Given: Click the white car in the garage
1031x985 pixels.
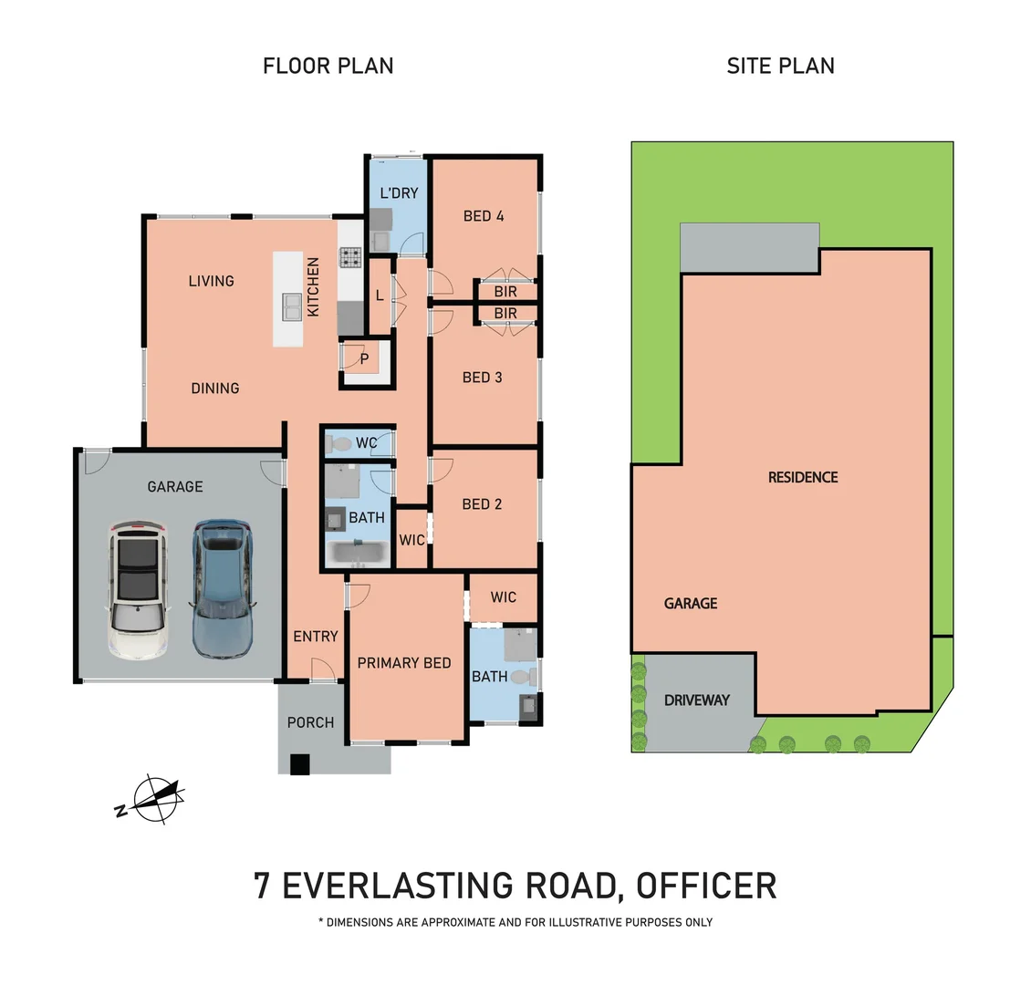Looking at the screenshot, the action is click(138, 590).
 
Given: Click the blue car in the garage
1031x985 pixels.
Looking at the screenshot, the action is click(223, 589).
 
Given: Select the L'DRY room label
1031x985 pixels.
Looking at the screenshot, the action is click(399, 193).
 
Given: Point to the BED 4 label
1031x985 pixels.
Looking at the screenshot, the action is click(484, 216).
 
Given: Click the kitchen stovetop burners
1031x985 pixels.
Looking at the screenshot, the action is click(349, 257).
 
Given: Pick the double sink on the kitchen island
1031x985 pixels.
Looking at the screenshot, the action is click(292, 306).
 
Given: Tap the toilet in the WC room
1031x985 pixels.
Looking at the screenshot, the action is click(338, 444).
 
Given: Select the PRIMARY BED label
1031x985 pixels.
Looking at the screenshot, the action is click(404, 663).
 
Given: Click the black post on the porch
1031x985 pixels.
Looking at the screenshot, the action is click(300, 764).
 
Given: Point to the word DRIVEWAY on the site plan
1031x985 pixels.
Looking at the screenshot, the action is click(697, 700).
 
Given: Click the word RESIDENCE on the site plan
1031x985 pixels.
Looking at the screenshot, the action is click(803, 477).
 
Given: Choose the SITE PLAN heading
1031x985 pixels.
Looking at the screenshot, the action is click(780, 66).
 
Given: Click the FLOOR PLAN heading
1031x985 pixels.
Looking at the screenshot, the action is click(328, 66).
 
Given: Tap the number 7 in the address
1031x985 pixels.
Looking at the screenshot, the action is click(262, 885).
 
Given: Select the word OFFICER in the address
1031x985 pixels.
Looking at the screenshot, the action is click(706, 885).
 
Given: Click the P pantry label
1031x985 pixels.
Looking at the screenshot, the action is click(364, 359).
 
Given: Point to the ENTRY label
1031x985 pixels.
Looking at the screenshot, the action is click(316, 636).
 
